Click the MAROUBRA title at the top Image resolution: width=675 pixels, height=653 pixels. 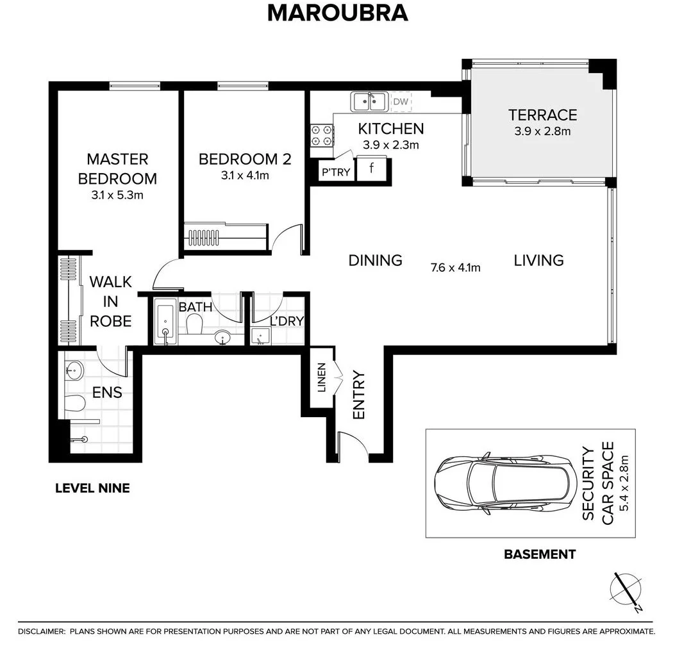[337, 13]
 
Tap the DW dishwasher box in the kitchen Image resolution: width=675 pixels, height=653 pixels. [400, 101]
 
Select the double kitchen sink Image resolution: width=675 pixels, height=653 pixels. [369, 101]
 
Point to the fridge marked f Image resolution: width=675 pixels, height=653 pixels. [372, 170]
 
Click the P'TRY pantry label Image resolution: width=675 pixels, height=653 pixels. [336, 172]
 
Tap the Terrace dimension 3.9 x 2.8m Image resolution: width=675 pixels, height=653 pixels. [542, 132]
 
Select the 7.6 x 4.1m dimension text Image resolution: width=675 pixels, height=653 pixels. [456, 267]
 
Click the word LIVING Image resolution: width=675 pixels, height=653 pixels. [538, 260]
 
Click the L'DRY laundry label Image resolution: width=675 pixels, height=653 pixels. [287, 321]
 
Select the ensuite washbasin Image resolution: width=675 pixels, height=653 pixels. [75, 370]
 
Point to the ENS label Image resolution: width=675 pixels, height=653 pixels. [107, 393]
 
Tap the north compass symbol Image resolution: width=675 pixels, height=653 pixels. [626, 590]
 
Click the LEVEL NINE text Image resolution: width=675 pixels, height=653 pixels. [92, 488]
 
